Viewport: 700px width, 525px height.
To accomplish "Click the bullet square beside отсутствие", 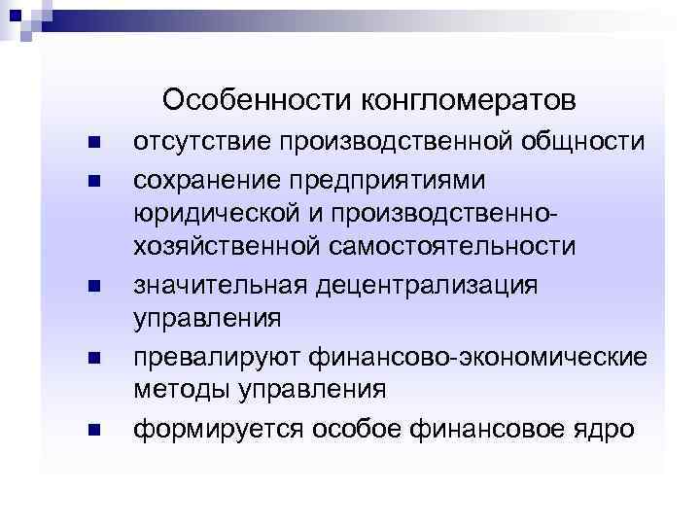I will [93, 144].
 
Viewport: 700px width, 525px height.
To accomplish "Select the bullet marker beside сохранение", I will [93, 180].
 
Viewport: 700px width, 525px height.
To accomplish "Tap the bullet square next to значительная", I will [93, 286].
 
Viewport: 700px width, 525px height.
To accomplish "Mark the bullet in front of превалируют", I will [93, 357].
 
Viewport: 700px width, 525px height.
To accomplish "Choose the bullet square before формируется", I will [93, 427].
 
